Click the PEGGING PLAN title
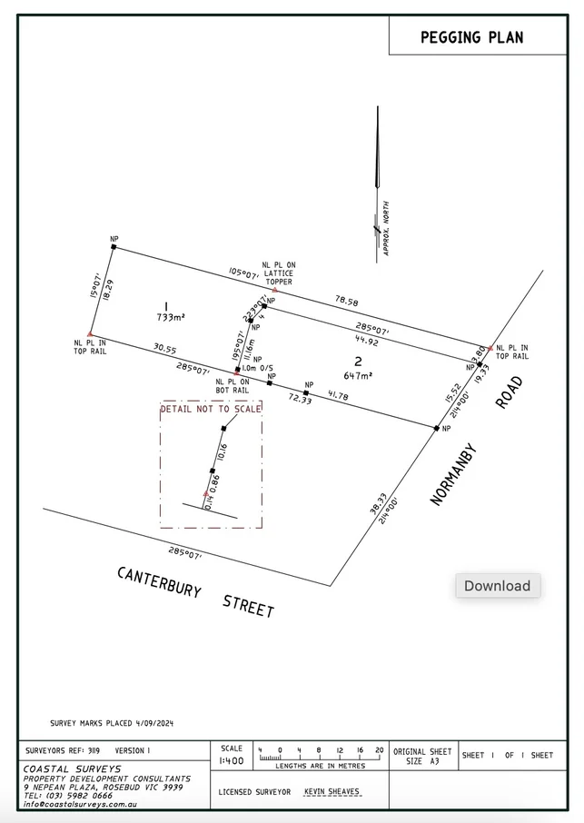coord(470,38)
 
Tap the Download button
coord(498,586)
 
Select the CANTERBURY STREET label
coord(195,591)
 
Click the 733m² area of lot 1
coord(170,317)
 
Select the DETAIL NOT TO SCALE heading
coord(211,409)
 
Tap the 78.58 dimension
coord(346,300)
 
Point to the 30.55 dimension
coord(164,348)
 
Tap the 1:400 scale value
coord(232,759)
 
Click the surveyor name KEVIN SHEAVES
coord(332,792)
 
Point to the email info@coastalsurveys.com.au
coord(82,804)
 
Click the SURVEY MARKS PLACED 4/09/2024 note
coord(112,723)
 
